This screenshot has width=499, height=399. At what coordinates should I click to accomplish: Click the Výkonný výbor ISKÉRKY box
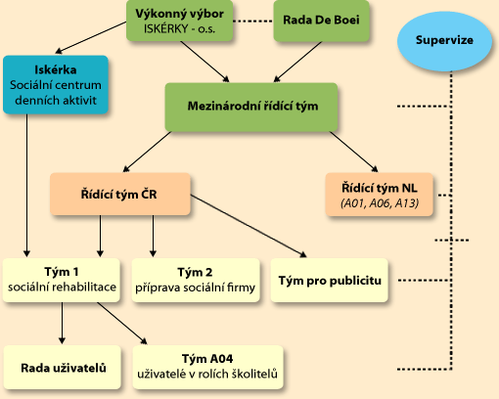coord(180,21)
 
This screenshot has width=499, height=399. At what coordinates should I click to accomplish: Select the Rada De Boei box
coord(321,21)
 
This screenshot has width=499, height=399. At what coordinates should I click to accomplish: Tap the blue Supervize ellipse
coord(444,41)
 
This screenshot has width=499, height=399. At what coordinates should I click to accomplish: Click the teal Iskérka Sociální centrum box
coord(56,85)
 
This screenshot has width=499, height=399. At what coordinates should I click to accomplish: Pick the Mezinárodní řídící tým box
coord(251,107)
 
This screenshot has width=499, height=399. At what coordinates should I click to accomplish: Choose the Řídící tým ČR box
coord(120,194)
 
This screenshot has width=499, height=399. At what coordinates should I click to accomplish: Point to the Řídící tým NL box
coord(380,195)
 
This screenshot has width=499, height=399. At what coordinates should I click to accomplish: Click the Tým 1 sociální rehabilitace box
coord(62,280)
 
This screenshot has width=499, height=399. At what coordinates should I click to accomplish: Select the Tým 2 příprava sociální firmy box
coord(196,280)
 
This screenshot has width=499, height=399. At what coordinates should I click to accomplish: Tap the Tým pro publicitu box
coord(330,280)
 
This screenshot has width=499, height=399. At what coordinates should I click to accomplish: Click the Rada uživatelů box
coord(62,367)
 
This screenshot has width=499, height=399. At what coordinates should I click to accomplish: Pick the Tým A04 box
coord(207,367)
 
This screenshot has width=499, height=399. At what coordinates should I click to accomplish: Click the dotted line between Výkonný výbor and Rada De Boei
coord(253,21)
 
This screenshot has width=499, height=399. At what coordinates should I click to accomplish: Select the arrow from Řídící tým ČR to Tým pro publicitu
coord(249,226)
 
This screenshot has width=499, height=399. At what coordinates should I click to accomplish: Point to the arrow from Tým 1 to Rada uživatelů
coord(62,323)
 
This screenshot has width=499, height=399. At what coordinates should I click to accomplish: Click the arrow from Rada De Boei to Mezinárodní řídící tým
coord(297,62)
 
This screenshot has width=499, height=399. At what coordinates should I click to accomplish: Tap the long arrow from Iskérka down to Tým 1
coord(26,186)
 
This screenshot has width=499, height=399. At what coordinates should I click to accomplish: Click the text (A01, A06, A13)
coord(380,203)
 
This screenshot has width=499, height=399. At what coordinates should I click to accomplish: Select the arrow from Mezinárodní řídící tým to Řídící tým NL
coord(354,152)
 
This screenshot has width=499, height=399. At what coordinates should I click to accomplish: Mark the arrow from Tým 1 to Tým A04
coord(122,323)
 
